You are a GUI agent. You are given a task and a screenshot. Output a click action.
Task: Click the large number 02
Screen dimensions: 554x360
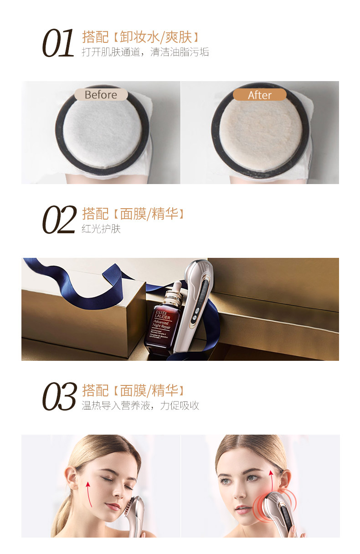pos(59,220)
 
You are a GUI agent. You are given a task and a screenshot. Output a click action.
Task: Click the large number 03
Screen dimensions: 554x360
pos(59,396)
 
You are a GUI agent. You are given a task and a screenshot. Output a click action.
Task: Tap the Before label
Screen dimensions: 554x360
pos(101,95)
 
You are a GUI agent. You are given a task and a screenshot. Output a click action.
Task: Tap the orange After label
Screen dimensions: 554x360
pos(259,95)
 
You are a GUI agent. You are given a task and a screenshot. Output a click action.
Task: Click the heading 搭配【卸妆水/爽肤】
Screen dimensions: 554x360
pos(140,37)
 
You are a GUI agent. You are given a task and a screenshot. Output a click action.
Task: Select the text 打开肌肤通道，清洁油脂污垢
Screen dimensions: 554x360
pos(145,52)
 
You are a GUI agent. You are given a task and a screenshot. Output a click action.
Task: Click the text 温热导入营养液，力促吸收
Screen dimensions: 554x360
pos(140,405)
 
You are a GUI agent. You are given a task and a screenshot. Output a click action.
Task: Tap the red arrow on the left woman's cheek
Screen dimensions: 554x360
pos(88,494)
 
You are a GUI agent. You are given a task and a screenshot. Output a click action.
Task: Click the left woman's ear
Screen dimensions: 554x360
pos(72,477)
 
